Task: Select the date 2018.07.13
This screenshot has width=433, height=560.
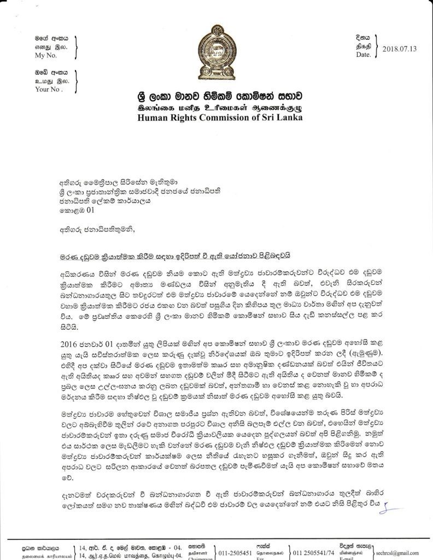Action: [x=399, y=48]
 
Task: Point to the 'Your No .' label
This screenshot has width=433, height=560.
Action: [x=49, y=89]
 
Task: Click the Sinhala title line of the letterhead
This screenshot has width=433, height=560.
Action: [x=219, y=95]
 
